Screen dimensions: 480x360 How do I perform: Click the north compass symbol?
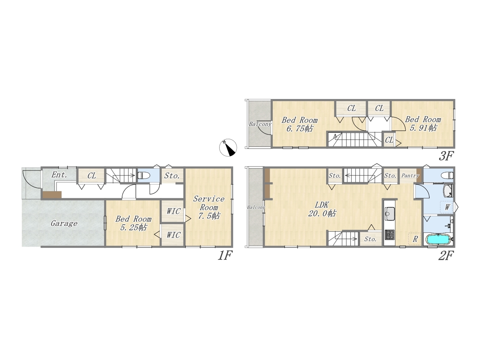[228, 147]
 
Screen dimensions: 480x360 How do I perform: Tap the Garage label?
[64, 223]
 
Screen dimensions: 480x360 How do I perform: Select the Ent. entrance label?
[59, 175]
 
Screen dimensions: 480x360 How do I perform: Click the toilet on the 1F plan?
[144, 175]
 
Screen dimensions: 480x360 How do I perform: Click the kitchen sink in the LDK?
[390, 213]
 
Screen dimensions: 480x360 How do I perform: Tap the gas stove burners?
[390, 234]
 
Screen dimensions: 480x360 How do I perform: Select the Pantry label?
[410, 175]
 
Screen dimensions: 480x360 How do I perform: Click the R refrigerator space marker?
[415, 239]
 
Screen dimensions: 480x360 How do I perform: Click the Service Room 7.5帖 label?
[208, 207]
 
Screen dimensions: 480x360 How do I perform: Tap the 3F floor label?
[446, 156]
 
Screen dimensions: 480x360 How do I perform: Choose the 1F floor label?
[225, 255]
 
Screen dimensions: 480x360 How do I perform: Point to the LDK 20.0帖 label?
[322, 209]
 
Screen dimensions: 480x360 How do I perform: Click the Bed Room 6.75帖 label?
[299, 124]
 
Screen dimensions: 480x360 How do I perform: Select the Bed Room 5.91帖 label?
[423, 123]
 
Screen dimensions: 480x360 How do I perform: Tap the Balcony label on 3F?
[260, 124]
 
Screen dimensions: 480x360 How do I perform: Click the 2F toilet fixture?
[447, 175]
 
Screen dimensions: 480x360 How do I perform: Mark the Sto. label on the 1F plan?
[172, 176]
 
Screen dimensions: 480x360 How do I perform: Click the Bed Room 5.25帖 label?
[133, 223]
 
